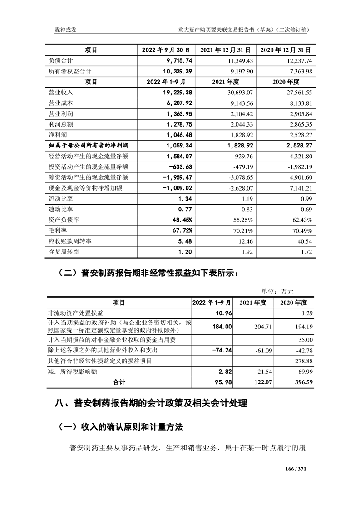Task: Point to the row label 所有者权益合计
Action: (70, 71)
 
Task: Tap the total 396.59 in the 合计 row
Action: (303, 382)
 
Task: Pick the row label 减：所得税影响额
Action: (72, 372)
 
